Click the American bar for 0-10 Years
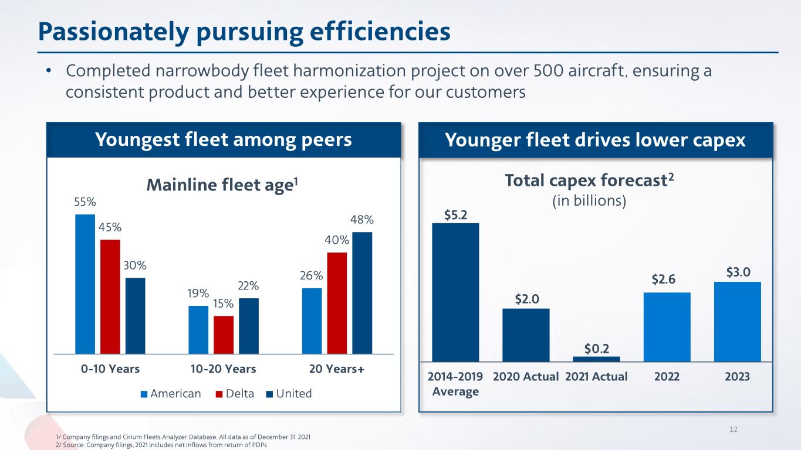tap(85, 284)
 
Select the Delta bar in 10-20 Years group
tap(224, 335)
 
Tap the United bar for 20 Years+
tap(362, 293)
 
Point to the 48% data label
tap(363, 220)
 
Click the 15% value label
tap(223, 304)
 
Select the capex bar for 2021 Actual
tap(596, 359)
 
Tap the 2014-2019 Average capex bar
tap(455, 292)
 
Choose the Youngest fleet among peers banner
tap(224, 140)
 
